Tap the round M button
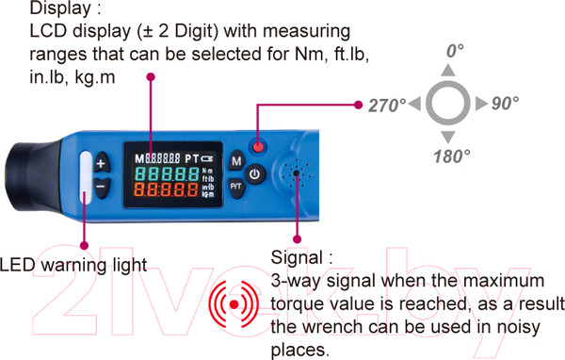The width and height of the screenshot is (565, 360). coord(236,161)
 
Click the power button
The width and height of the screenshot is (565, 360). coord(255,174)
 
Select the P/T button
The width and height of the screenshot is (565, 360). coord(236,188)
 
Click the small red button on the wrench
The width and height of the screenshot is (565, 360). coord(258,147)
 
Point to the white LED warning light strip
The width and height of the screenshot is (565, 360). coord(86,177)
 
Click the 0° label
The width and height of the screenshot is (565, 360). coord(455,51)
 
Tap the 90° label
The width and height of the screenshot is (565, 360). coord(505,103)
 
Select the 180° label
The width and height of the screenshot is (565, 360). coord(452,156)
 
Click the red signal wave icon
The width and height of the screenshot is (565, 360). coord(234,304)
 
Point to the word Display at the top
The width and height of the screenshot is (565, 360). coord(60,8)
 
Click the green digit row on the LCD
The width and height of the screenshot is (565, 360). coord(167,173)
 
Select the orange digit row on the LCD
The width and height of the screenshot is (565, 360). coord(167,189)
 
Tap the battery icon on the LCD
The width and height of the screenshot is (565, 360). coord(207,158)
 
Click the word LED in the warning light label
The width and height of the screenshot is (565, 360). coord(17,265)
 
